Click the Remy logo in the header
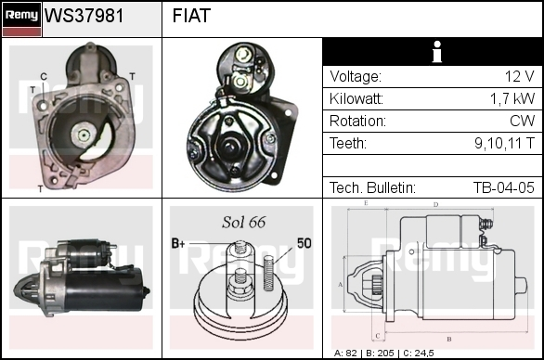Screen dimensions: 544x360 coord(22,19)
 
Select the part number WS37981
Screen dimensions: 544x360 coord(84,16)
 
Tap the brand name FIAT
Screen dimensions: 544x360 coord(191,16)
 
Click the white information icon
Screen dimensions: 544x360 coord(437,52)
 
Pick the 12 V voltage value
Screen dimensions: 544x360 coord(519,76)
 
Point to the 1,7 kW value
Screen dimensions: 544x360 coord(512,99)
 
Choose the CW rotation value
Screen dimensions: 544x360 coord(522,121)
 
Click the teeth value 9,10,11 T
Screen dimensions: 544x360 coord(504,143)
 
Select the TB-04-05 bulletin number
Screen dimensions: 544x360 coord(504,187)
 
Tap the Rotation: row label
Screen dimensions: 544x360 coord(357,121)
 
